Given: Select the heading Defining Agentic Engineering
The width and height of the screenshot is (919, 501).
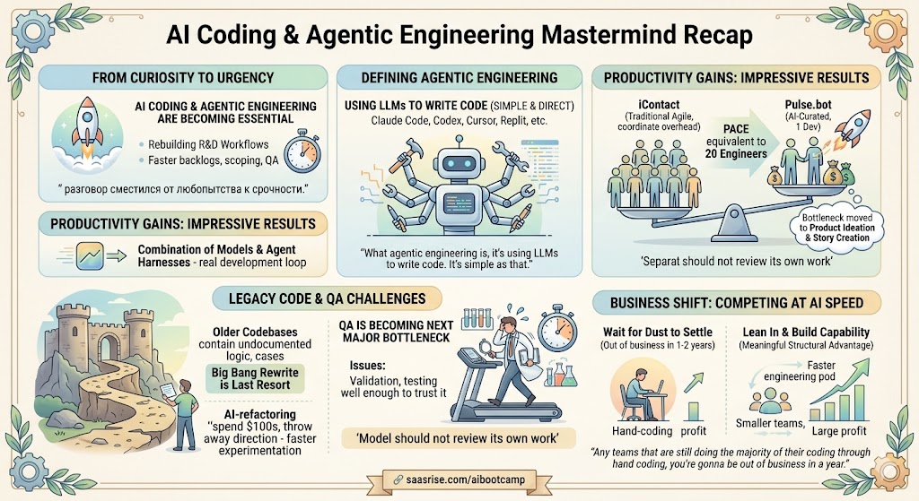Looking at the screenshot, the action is tap(459, 77).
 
